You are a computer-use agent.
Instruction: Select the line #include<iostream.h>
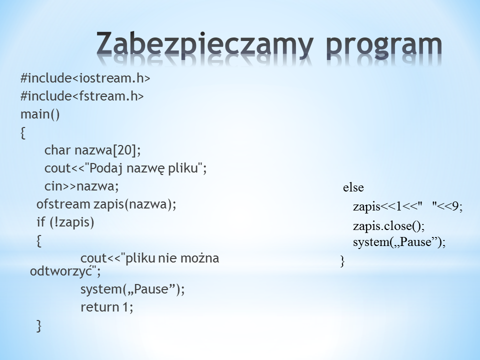coord(85,78)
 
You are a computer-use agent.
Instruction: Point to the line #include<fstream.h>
coord(82,96)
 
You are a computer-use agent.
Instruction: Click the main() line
coord(40,114)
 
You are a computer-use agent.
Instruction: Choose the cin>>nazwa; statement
coord(81,186)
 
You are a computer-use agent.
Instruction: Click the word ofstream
coord(63,204)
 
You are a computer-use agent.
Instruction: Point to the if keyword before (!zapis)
coord(41,222)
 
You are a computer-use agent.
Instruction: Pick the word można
coord(199,258)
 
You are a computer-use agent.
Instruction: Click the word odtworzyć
coord(61,271)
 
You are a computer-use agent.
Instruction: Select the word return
coord(100,307)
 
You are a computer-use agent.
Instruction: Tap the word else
coord(353,187)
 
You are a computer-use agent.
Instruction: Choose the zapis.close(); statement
coord(389,226)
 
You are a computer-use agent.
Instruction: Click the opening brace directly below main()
coord(23,133)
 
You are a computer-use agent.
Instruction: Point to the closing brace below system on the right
coord(342,261)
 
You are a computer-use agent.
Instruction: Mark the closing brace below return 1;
coord(39,325)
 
